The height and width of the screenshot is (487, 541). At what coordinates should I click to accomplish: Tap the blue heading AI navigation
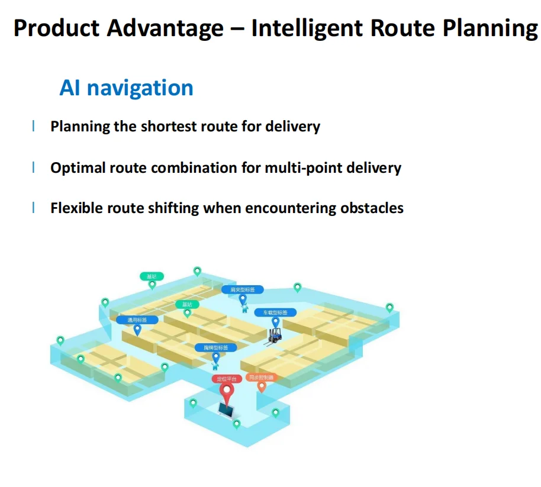click(x=126, y=88)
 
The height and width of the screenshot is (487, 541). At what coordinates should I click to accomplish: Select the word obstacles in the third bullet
click(x=372, y=208)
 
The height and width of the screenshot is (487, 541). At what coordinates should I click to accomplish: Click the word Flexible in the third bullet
click(x=74, y=208)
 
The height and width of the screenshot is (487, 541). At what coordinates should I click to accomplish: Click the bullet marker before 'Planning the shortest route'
click(x=33, y=126)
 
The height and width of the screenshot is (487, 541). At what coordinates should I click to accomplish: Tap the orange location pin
click(x=261, y=387)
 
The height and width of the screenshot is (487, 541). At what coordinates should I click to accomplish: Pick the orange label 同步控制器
click(x=261, y=377)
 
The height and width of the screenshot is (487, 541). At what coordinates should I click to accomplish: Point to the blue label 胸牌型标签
click(x=215, y=347)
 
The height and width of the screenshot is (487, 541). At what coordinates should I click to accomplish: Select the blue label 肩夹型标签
click(x=243, y=289)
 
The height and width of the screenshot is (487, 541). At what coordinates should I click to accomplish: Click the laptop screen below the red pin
click(x=227, y=409)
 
